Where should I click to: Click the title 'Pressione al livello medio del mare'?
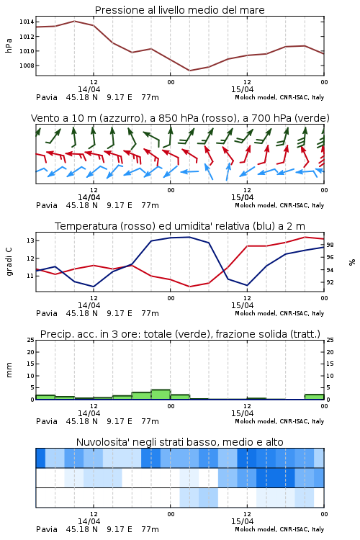(x=179, y=10)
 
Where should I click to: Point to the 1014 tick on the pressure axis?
(x=27, y=22)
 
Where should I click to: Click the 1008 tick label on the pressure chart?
(x=27, y=66)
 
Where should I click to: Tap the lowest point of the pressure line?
(x=189, y=71)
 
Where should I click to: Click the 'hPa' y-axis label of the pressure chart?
(x=9, y=45)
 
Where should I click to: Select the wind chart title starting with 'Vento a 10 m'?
(x=180, y=118)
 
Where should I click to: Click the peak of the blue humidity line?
(x=189, y=237)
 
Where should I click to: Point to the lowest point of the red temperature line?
(x=190, y=287)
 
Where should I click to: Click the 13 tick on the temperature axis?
(x=30, y=240)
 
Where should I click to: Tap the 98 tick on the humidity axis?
(x=330, y=245)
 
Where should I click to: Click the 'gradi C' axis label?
(x=9, y=261)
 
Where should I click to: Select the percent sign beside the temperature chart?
(x=352, y=262)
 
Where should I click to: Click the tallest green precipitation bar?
(x=161, y=395)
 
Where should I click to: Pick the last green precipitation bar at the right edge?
(x=314, y=397)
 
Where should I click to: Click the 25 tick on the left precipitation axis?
(x=31, y=340)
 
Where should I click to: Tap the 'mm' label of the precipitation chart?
(x=9, y=370)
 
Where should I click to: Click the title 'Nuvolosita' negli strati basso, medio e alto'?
(x=179, y=442)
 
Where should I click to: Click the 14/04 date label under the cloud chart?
(x=89, y=521)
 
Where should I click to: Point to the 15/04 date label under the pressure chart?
(x=242, y=89)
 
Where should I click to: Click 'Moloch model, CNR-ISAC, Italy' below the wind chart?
(x=279, y=205)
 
